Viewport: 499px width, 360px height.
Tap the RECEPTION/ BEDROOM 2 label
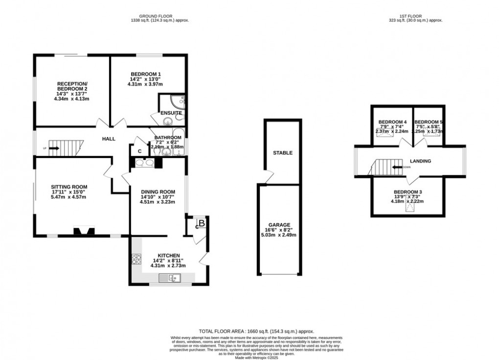tap(71, 83)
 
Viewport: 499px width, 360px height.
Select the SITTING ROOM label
tap(69, 186)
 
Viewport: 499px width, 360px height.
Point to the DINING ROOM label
tap(154, 191)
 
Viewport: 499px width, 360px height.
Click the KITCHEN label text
tap(169, 255)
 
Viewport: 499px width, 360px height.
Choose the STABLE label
tap(282, 153)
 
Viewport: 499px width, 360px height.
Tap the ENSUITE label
tap(171, 113)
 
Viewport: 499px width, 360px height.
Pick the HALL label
tap(109, 139)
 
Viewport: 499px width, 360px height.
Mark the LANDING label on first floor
tap(420, 161)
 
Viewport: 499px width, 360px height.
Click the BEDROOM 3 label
tap(408, 192)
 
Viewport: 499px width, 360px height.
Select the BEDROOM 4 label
tap(392, 122)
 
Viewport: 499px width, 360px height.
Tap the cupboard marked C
tap(139, 152)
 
